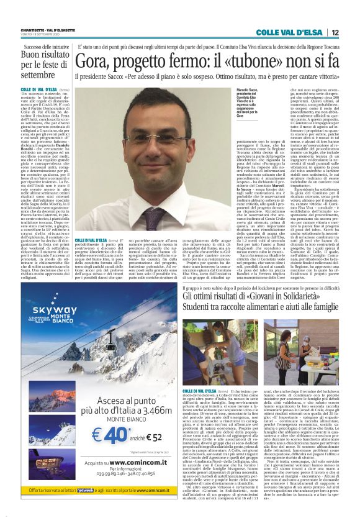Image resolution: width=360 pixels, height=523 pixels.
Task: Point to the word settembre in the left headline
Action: [x=38, y=74]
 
